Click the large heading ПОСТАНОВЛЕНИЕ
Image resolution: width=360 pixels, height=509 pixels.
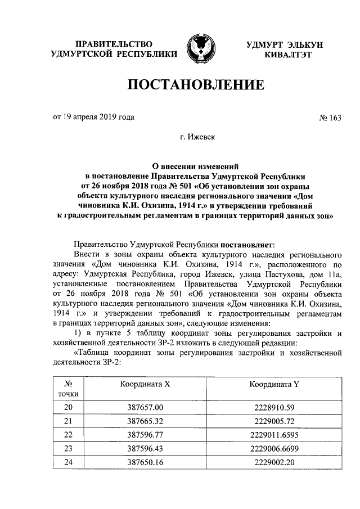pyautogui.click(x=196, y=85)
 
